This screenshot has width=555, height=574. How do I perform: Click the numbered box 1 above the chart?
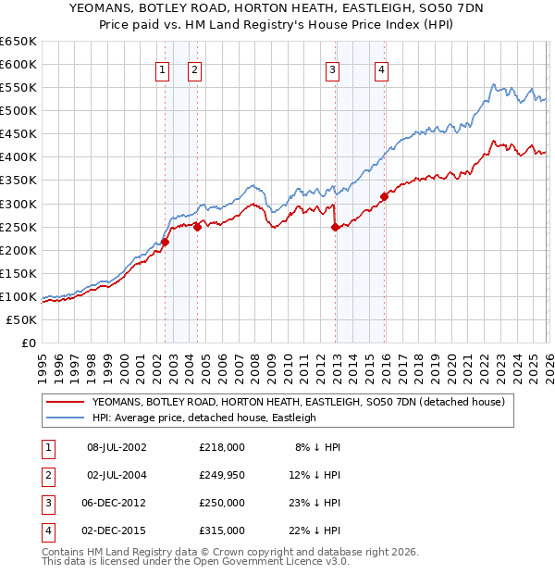tap(163, 69)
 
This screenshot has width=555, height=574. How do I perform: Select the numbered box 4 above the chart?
tap(381, 69)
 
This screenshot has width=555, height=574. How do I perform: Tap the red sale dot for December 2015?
tap(384, 195)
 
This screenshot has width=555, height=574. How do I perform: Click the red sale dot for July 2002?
tap(166, 242)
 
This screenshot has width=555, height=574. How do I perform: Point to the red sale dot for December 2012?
tap(335, 227)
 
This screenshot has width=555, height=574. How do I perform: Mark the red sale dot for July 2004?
tap(198, 227)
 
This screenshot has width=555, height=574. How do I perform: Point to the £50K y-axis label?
tap(21, 319)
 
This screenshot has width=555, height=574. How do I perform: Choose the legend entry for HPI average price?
tap(203, 418)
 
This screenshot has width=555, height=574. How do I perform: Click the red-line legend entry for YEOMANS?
tap(297, 402)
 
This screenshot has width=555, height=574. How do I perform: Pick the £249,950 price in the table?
tap(222, 476)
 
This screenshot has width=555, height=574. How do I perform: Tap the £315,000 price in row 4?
tap(222, 530)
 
